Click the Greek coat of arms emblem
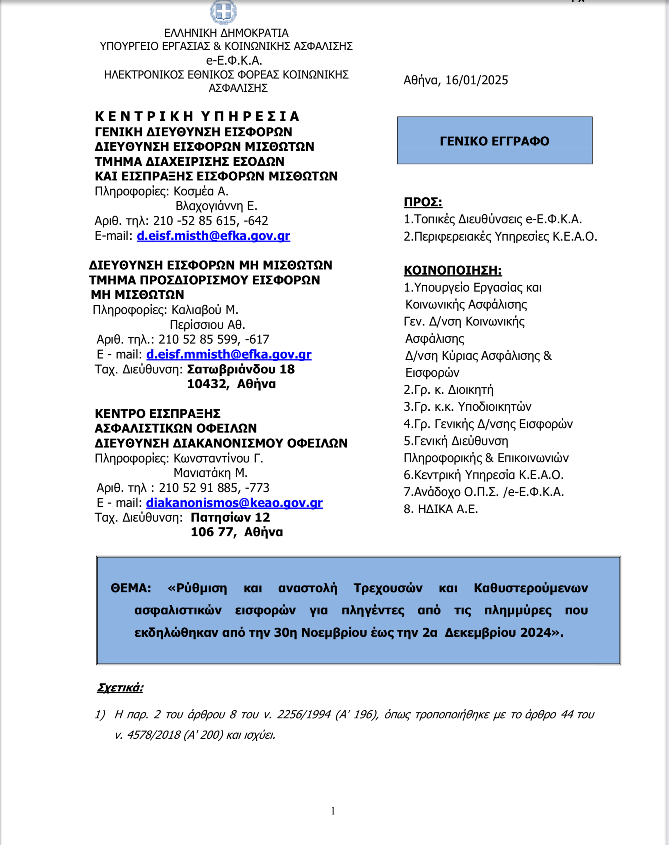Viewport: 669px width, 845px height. tap(224, 12)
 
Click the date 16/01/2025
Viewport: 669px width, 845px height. tap(476, 80)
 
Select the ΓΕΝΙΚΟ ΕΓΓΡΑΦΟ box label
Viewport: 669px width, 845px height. tap(494, 141)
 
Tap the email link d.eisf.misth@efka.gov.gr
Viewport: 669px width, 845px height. tap(213, 236)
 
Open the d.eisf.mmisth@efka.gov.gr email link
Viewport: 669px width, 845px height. tap(229, 355)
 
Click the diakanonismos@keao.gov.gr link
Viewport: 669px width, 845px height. tap(234, 503)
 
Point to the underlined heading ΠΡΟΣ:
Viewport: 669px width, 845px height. tap(423, 203)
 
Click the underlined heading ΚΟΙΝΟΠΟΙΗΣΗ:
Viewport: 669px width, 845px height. tap(452, 270)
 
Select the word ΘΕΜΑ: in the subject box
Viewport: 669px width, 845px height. tap(131, 588)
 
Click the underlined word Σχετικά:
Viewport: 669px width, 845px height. tap(120, 688)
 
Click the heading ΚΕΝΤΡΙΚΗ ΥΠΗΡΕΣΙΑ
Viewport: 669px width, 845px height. tap(197, 117)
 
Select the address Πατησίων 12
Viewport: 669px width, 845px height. tap(230, 517)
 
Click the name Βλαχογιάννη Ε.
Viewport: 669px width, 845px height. tap(216, 206)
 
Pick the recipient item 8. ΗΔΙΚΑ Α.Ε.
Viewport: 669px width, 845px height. tap(441, 509)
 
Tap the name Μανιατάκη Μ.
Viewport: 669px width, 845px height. tap(210, 473)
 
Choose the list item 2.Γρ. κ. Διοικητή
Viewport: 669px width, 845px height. tap(448, 390)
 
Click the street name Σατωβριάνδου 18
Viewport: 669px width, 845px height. tap(241, 369)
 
